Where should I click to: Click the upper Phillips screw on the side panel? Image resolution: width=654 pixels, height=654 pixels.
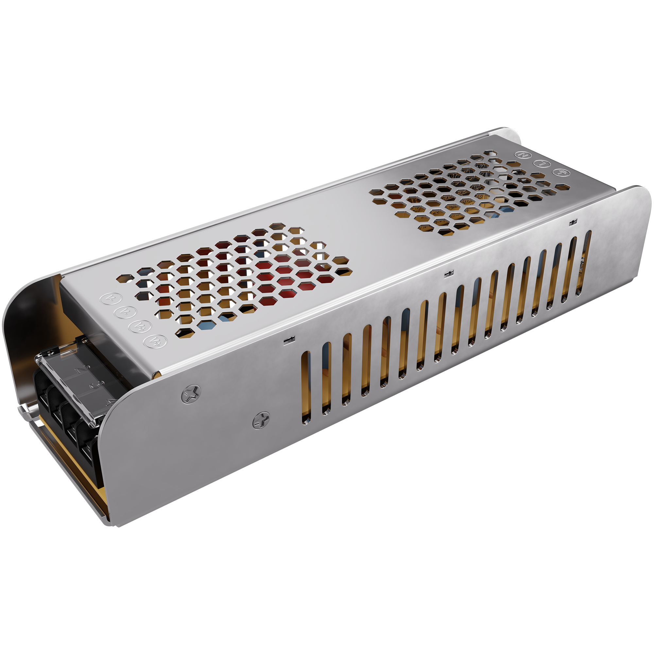(191, 394)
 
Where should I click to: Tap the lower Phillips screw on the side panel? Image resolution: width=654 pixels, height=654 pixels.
(261, 421)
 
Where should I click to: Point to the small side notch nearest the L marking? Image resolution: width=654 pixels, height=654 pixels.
(573, 222)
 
